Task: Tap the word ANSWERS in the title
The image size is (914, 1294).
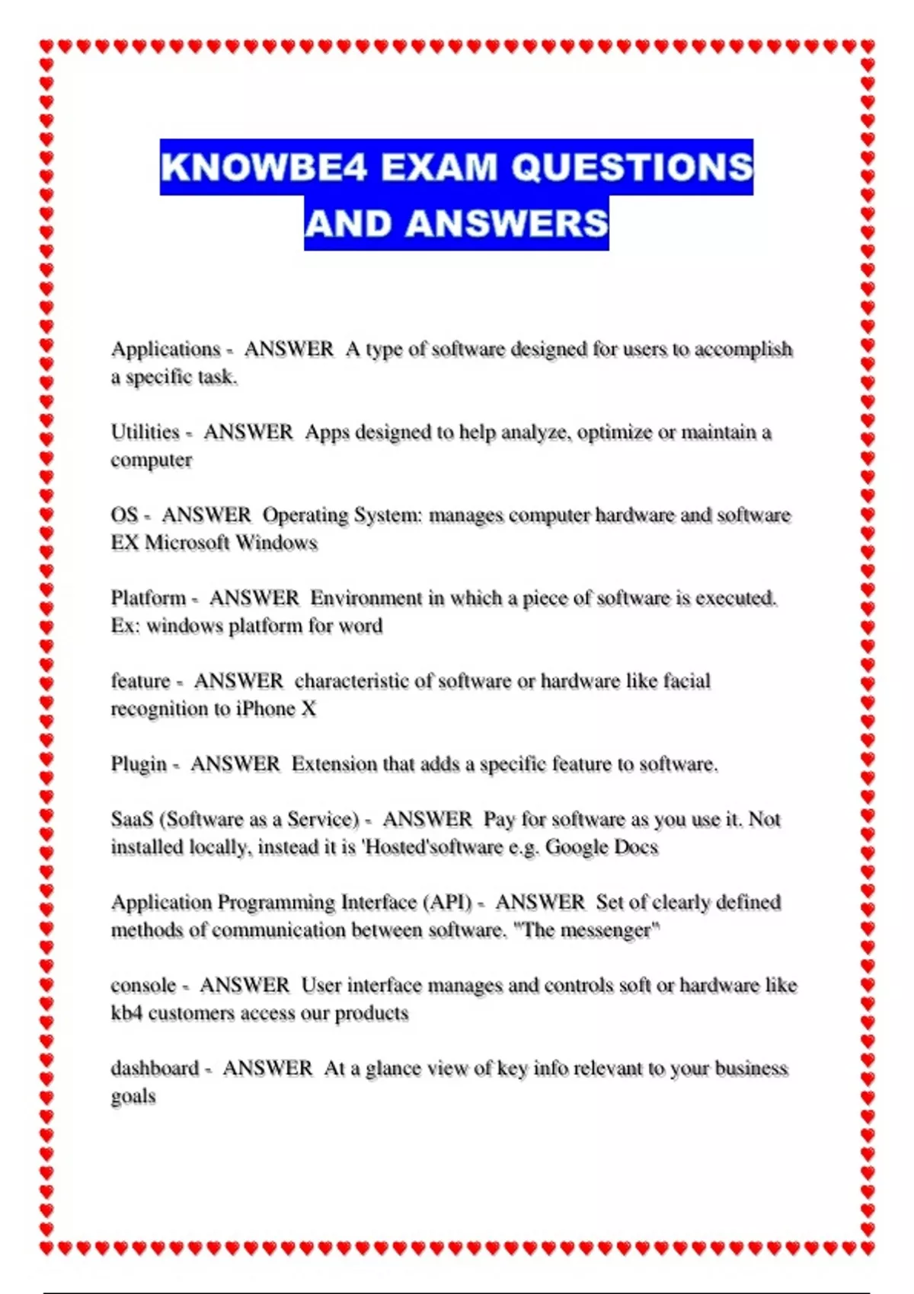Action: (507, 224)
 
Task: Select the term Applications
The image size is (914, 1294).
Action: (165, 349)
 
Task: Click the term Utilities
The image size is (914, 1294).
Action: (145, 432)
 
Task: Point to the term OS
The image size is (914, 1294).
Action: (124, 515)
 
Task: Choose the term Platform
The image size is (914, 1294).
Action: (149, 598)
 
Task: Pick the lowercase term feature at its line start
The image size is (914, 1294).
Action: (140, 681)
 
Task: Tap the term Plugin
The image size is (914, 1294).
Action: (139, 764)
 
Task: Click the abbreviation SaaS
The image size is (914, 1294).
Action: (132, 820)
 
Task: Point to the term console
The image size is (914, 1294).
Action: (143, 986)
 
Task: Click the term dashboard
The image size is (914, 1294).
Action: (155, 1069)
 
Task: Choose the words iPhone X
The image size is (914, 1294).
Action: (276, 709)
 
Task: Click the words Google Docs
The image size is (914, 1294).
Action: (602, 847)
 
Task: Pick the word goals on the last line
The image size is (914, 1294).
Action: (133, 1097)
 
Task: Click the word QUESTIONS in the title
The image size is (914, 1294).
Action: (631, 167)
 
